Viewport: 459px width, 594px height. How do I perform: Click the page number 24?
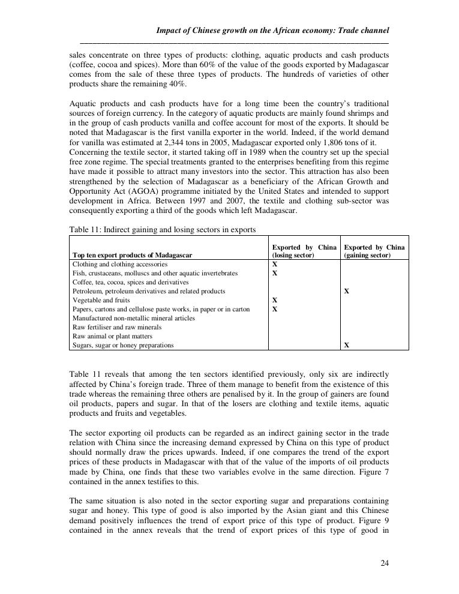(384, 563)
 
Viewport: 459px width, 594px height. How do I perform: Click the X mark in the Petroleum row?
(346, 291)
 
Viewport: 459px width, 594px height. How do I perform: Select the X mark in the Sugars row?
(346, 345)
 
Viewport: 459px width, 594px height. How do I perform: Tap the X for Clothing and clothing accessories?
(275, 264)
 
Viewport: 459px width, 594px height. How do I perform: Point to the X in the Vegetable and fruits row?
(275, 300)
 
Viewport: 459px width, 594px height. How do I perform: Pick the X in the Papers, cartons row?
(275, 309)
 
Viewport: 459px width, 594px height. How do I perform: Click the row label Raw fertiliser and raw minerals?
(117, 327)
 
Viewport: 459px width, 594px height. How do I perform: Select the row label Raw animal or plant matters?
(112, 336)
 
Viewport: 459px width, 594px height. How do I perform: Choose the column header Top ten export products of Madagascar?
(132, 255)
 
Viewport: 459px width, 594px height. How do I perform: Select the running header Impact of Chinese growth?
(272, 30)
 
